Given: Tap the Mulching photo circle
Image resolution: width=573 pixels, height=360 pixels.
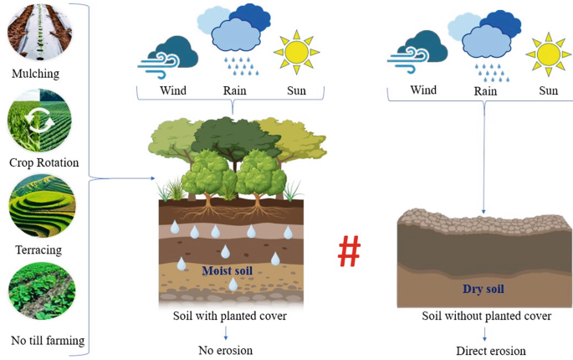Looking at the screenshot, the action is click(x=38, y=32).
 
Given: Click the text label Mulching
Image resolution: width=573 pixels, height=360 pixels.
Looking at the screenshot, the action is click(x=36, y=75).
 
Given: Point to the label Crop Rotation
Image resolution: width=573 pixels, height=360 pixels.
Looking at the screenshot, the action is click(x=43, y=162).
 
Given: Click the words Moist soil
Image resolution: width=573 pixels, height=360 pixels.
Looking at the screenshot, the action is click(x=227, y=270).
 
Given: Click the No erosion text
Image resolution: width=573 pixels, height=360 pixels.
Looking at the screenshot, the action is click(x=225, y=350).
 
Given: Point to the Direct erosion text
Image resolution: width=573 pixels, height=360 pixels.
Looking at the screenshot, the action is click(x=484, y=350).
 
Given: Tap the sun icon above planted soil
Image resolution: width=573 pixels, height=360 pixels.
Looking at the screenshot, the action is click(x=296, y=51).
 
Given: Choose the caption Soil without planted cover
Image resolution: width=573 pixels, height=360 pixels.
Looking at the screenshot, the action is click(x=486, y=316).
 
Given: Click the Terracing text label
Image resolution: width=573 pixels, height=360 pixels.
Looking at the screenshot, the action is click(x=38, y=249).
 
